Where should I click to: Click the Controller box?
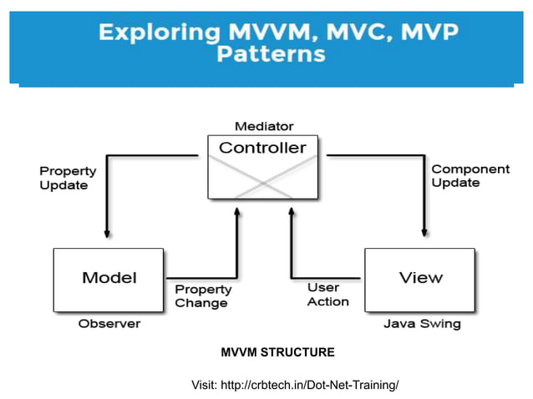coord(262,167)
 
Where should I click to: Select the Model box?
coord(109,279)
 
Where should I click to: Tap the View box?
coord(419,279)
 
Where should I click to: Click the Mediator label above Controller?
coord(264,126)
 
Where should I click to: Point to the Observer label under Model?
coord(109,323)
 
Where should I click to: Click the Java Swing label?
coord(421,323)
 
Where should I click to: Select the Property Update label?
coord(68,178)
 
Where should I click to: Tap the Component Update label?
coord(470,175)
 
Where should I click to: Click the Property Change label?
coord(201,295)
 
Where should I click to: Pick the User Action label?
coord(327,294)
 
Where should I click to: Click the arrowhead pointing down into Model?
coord(107,234)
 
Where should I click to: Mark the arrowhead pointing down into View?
coord(425,234)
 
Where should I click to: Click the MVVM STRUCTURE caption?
coord(277,352)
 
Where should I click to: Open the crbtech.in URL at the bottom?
coord(309,384)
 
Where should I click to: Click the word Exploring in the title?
coord(156,34)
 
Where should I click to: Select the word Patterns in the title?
coord(271,55)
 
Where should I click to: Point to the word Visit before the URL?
coord(204,384)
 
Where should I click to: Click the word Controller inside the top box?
coord(262,149)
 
